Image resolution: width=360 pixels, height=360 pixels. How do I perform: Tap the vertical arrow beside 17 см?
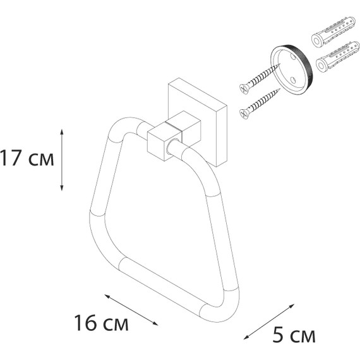61,159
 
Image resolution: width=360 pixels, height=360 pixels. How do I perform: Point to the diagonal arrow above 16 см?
130,309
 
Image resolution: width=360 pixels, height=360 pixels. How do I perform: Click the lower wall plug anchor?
333,57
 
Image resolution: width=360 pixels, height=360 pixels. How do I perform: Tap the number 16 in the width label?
87,325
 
